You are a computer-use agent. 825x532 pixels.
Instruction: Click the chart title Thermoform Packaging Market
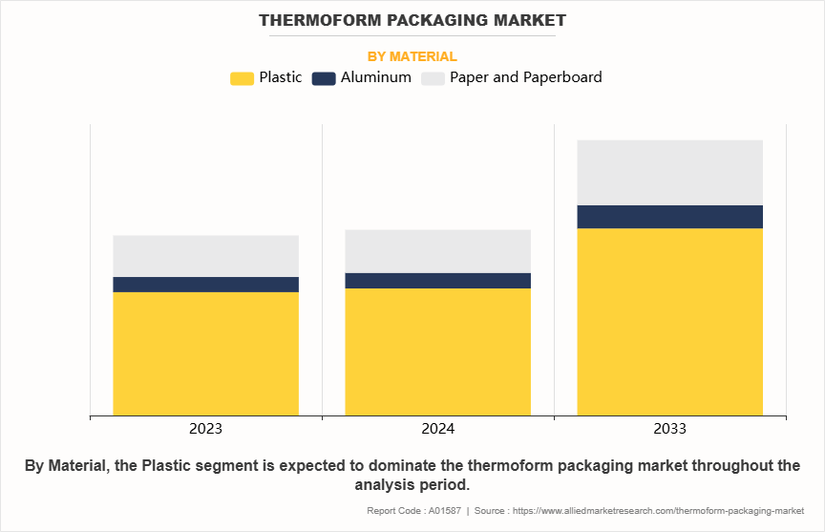click(412, 20)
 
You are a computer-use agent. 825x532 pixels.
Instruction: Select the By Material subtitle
click(412, 56)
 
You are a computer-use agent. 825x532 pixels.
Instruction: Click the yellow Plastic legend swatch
click(243, 78)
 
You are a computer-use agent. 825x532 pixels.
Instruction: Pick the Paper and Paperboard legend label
click(525, 77)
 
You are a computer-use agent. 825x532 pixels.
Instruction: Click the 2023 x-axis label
click(205, 429)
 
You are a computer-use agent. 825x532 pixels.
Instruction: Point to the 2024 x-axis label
click(437, 429)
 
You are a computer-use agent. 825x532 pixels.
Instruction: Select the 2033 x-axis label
click(669, 429)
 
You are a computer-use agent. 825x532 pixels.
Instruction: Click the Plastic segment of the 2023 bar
click(205, 353)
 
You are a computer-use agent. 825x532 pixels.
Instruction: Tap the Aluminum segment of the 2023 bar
click(205, 285)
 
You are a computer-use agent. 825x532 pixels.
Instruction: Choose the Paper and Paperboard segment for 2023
click(205, 256)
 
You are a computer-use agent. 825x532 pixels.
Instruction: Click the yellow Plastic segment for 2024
click(437, 351)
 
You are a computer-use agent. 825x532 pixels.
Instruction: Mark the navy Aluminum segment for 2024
click(437, 281)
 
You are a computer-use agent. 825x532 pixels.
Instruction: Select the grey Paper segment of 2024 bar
click(437, 251)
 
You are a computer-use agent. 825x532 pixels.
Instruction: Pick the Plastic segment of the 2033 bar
click(669, 322)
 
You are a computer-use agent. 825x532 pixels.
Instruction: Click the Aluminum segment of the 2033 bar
click(669, 217)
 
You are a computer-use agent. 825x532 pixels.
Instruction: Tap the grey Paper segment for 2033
click(669, 173)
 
